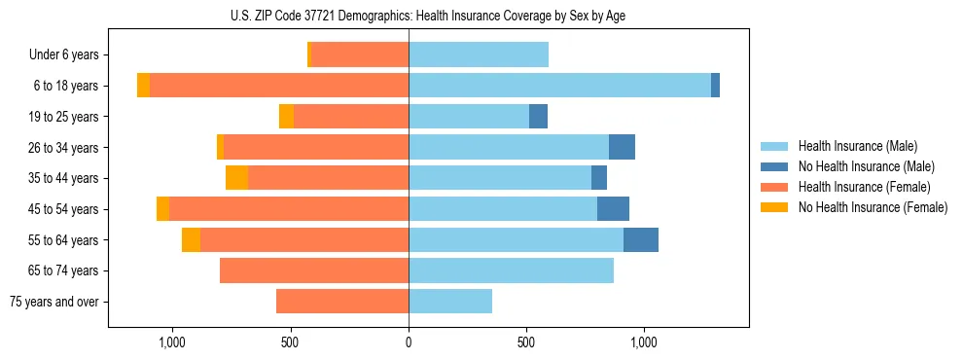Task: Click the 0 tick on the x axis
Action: coord(409,342)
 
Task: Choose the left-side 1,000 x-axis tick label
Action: coord(171,342)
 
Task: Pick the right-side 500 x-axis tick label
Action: coord(526,342)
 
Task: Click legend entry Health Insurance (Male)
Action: coord(857,146)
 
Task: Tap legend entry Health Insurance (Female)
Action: coord(864,187)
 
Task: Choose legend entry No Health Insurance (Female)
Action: coord(873,207)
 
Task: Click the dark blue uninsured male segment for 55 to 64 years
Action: coord(641,239)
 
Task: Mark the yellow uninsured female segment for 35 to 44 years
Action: coord(236,178)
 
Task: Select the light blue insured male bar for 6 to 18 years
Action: coord(559,86)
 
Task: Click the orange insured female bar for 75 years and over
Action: coord(342,302)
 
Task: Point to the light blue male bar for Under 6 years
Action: coord(479,55)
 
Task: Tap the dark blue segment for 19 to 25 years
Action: coord(538,117)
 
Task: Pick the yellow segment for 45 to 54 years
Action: coord(162,209)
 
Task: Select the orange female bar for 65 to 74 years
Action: coord(314,270)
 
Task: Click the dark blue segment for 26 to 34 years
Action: coord(622,147)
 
